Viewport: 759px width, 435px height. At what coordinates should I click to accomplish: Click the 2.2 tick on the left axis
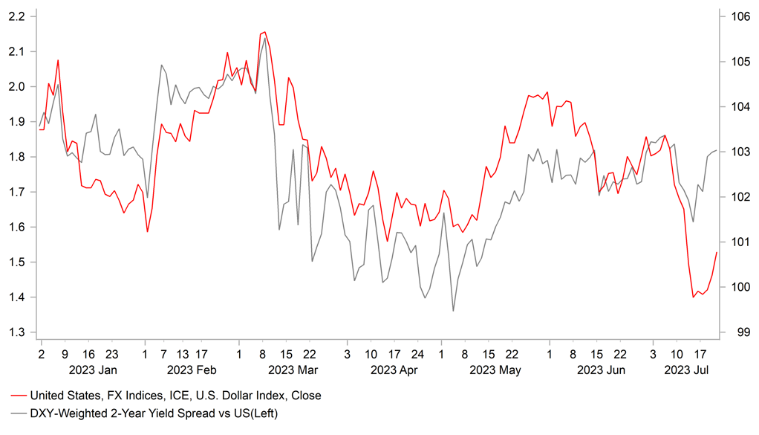click(16, 16)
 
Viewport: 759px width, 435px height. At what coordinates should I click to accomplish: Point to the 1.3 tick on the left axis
click(16, 332)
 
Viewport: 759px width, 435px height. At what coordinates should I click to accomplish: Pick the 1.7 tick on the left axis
click(16, 192)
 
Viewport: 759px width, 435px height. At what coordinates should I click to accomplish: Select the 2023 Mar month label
click(293, 370)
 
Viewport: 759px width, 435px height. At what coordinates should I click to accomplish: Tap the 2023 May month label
click(495, 370)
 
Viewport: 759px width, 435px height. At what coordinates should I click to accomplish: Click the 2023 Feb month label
click(192, 370)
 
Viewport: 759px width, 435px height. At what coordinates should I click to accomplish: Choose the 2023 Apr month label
click(394, 370)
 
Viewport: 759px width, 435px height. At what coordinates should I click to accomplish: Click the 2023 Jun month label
click(601, 370)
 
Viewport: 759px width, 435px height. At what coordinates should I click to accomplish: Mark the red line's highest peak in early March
click(264, 32)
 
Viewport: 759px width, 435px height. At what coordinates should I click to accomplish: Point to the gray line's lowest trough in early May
click(453, 311)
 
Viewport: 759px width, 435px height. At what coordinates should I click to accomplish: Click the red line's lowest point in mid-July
click(693, 297)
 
